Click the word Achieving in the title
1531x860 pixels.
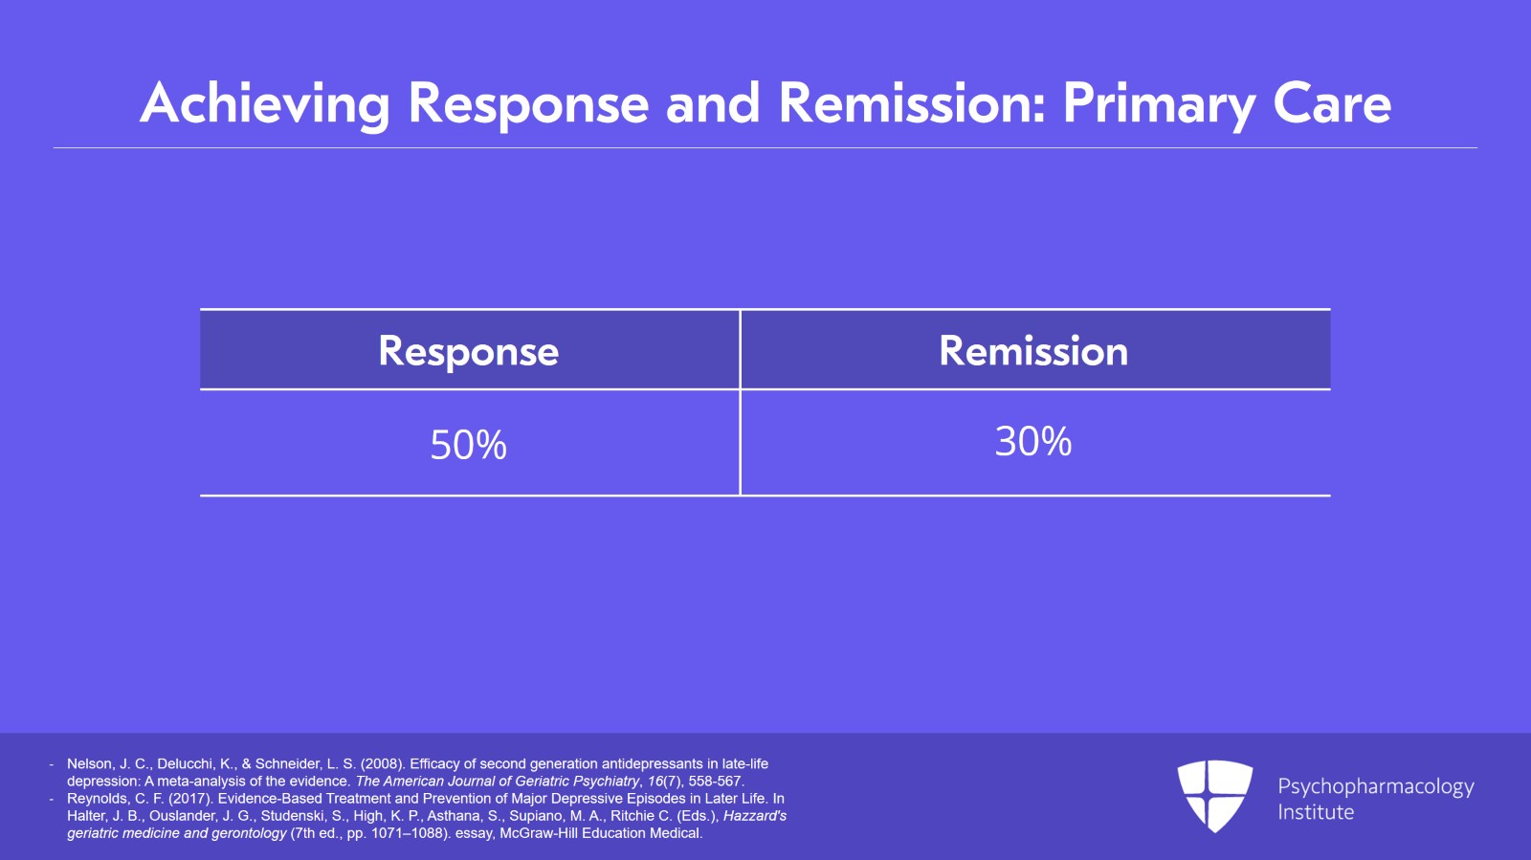(x=265, y=103)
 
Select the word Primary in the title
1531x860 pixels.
(x=1158, y=103)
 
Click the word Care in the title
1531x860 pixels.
(x=1332, y=103)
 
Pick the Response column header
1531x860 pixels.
(x=469, y=351)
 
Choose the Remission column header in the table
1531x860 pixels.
(x=1033, y=351)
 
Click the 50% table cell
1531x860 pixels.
(x=469, y=445)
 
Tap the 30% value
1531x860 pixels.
(x=1033, y=441)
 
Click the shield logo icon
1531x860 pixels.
(x=1214, y=795)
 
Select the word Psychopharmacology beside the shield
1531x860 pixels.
(x=1375, y=786)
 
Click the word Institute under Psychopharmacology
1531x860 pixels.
(x=1316, y=812)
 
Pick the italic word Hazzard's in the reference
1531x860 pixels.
(x=754, y=815)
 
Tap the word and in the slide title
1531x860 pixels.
(x=713, y=103)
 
